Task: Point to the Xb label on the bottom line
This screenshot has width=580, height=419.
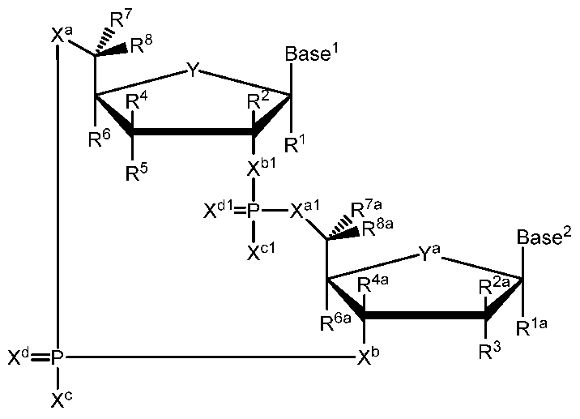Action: tap(368, 358)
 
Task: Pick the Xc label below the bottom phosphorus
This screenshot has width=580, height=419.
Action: tap(58, 400)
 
